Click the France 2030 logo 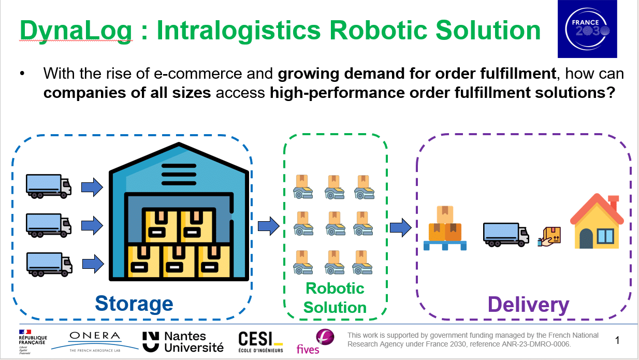click(x=587, y=29)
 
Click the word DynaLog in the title click(x=76, y=31)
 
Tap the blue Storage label click(x=134, y=304)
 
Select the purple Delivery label click(x=528, y=305)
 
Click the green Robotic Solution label click(x=335, y=298)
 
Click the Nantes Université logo click(x=183, y=342)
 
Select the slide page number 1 click(x=617, y=340)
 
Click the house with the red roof click(x=597, y=222)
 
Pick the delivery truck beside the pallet click(x=506, y=234)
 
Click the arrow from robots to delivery click(x=400, y=227)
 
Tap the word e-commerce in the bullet click(x=198, y=74)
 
